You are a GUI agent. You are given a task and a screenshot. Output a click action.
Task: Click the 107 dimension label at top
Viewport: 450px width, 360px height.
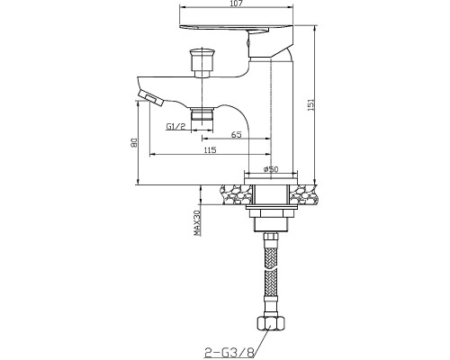click(237, 4)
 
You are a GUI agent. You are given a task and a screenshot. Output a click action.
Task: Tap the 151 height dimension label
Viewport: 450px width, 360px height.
click(311, 105)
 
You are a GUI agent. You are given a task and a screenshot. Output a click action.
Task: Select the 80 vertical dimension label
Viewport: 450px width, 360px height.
click(134, 143)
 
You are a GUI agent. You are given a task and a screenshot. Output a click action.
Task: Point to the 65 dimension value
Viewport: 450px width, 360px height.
click(236, 135)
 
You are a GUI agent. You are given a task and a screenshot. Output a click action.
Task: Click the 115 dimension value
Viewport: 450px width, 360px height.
click(210, 149)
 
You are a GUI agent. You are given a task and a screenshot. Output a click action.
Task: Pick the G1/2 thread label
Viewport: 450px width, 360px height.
click(176, 127)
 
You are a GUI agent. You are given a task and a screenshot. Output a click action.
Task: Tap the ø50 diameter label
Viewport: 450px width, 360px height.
click(271, 169)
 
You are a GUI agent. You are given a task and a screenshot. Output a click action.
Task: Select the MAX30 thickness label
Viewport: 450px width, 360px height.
click(197, 223)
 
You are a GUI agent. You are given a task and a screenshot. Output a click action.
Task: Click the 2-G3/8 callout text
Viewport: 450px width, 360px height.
click(229, 351)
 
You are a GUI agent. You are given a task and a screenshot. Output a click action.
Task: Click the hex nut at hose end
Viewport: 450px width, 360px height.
click(271, 323)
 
